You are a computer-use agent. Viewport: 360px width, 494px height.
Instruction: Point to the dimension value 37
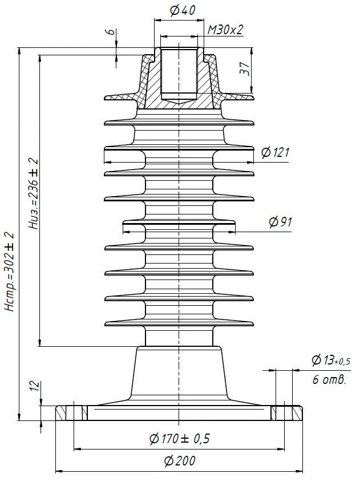tap(244, 70)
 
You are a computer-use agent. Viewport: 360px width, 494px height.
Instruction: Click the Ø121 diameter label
tap(276, 152)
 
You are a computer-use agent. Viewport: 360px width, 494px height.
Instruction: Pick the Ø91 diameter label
tap(280, 222)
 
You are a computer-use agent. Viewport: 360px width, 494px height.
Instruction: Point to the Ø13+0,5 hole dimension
tap(330, 361)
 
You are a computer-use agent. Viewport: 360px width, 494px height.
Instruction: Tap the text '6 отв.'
tap(329, 380)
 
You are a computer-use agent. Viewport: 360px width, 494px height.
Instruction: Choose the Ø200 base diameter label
tap(179, 461)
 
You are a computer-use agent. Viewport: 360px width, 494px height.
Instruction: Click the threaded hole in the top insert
tap(179, 74)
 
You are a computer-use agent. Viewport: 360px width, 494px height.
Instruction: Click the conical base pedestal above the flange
tap(179, 374)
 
